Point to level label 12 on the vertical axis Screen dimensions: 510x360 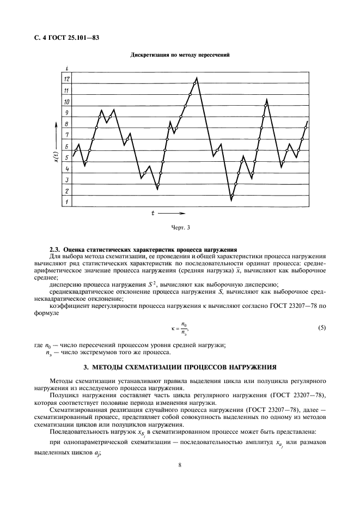pos(66,80)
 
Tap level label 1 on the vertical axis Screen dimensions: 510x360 pos(66,202)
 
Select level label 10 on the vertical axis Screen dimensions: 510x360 pos(66,102)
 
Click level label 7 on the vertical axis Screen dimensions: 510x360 pos(66,135)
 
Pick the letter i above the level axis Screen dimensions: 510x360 pos(66,68)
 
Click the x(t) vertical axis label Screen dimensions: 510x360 pos(56,157)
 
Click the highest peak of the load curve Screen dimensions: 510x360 pos(197,77)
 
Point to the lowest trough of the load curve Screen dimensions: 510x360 pos(231,201)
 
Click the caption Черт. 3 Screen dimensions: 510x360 pos(181,227)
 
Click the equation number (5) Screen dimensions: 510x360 pos(321,328)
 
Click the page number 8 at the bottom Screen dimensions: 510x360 pos(180,465)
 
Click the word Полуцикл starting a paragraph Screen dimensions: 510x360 pos(63,394)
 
